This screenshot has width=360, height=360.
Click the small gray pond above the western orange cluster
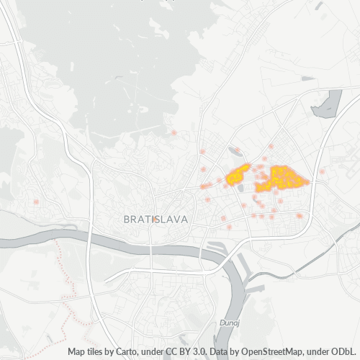pyautogui.click(x=235, y=150)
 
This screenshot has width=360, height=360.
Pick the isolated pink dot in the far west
pyautogui.click(x=36, y=202)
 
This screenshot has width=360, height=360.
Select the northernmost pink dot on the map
pyautogui.click(x=174, y=132)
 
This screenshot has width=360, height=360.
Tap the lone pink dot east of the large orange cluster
pyautogui.click(x=322, y=171)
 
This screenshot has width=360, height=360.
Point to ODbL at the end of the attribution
pyautogui.click(x=345, y=352)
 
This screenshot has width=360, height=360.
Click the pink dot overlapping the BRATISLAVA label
pyautogui.click(x=153, y=218)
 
